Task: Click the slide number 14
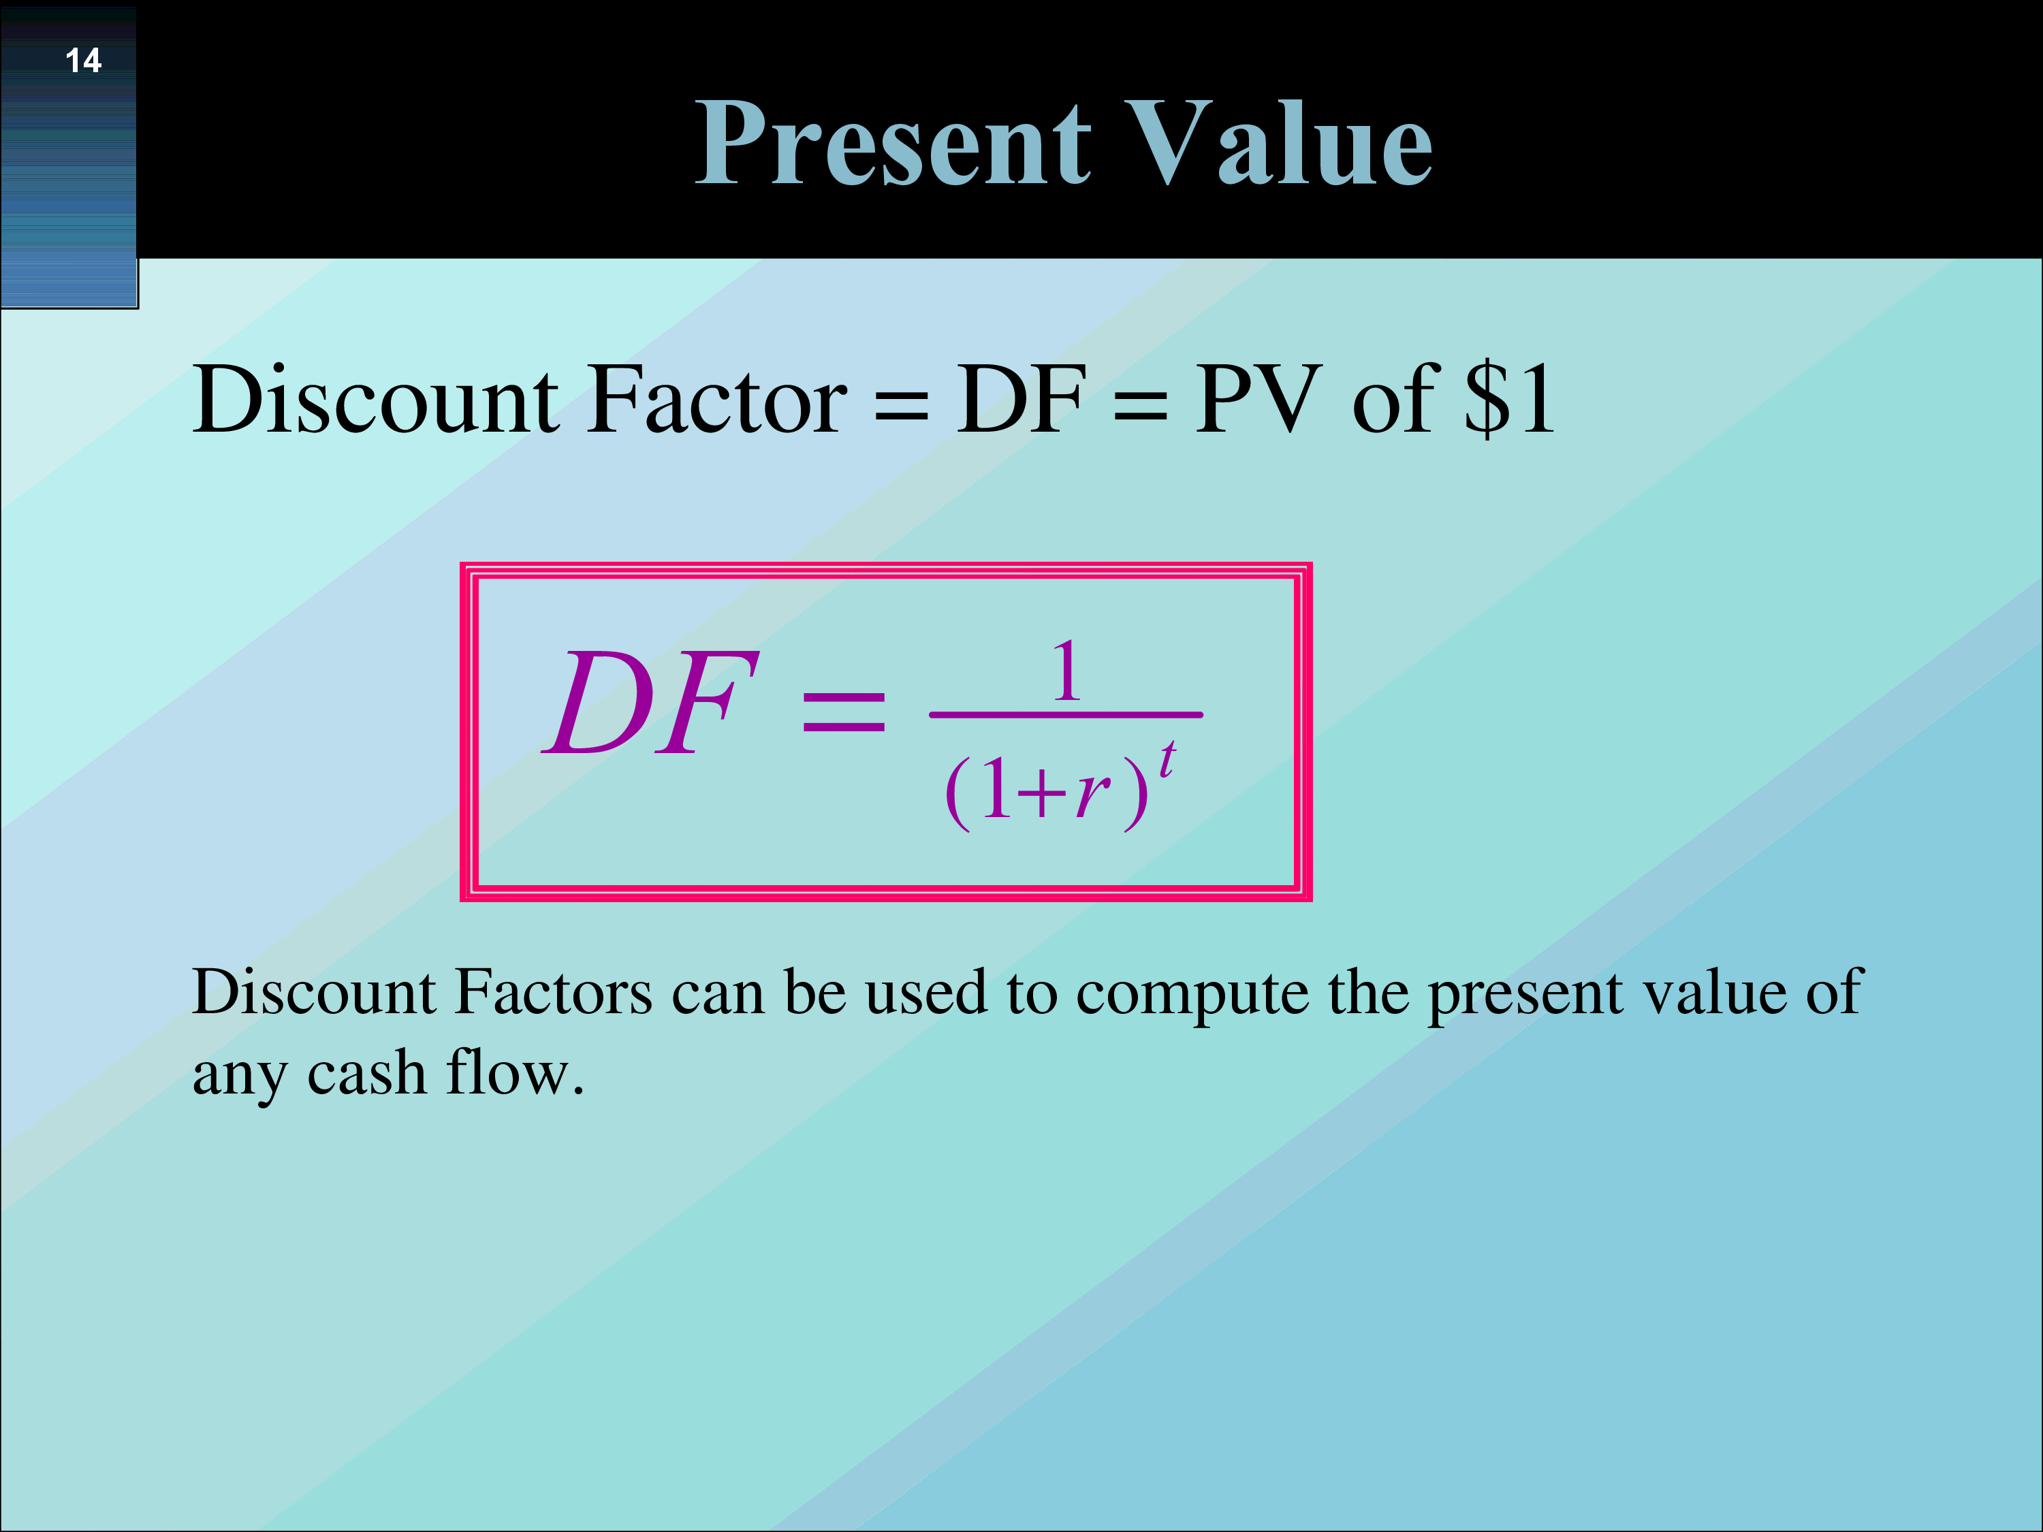pyautogui.click(x=83, y=61)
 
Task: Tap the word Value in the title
pyautogui.click(x=1279, y=143)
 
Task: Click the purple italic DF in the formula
pyautogui.click(x=651, y=702)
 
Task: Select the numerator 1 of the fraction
pyautogui.click(x=1066, y=671)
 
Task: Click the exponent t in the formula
pyautogui.click(x=1167, y=760)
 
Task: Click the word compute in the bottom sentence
pyautogui.click(x=1192, y=993)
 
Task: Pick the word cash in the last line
pyautogui.click(x=366, y=1073)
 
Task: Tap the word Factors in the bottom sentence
pyautogui.click(x=554, y=992)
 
